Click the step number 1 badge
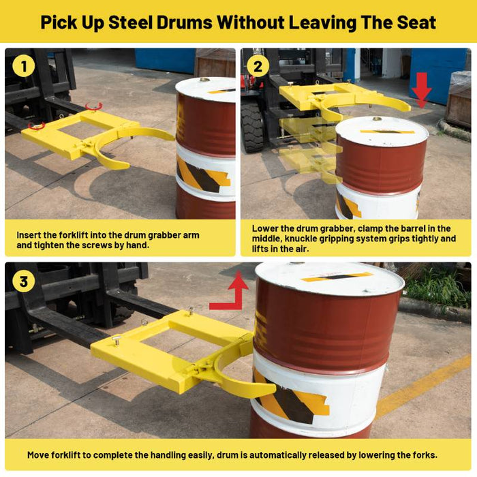click(x=24, y=66)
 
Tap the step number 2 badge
click(x=258, y=66)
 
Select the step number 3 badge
click(x=24, y=281)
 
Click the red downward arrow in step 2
click(x=421, y=90)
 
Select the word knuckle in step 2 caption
click(x=300, y=238)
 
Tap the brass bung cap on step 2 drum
click(x=378, y=119)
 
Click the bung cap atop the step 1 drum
click(x=204, y=80)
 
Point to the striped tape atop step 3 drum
click(x=337, y=277)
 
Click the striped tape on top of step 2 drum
click(x=387, y=132)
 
